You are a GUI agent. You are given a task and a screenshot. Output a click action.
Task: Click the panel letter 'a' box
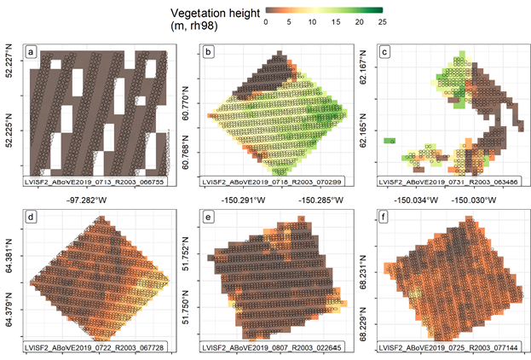[32, 51]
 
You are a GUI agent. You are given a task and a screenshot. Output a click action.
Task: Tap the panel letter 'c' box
[384, 51]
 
